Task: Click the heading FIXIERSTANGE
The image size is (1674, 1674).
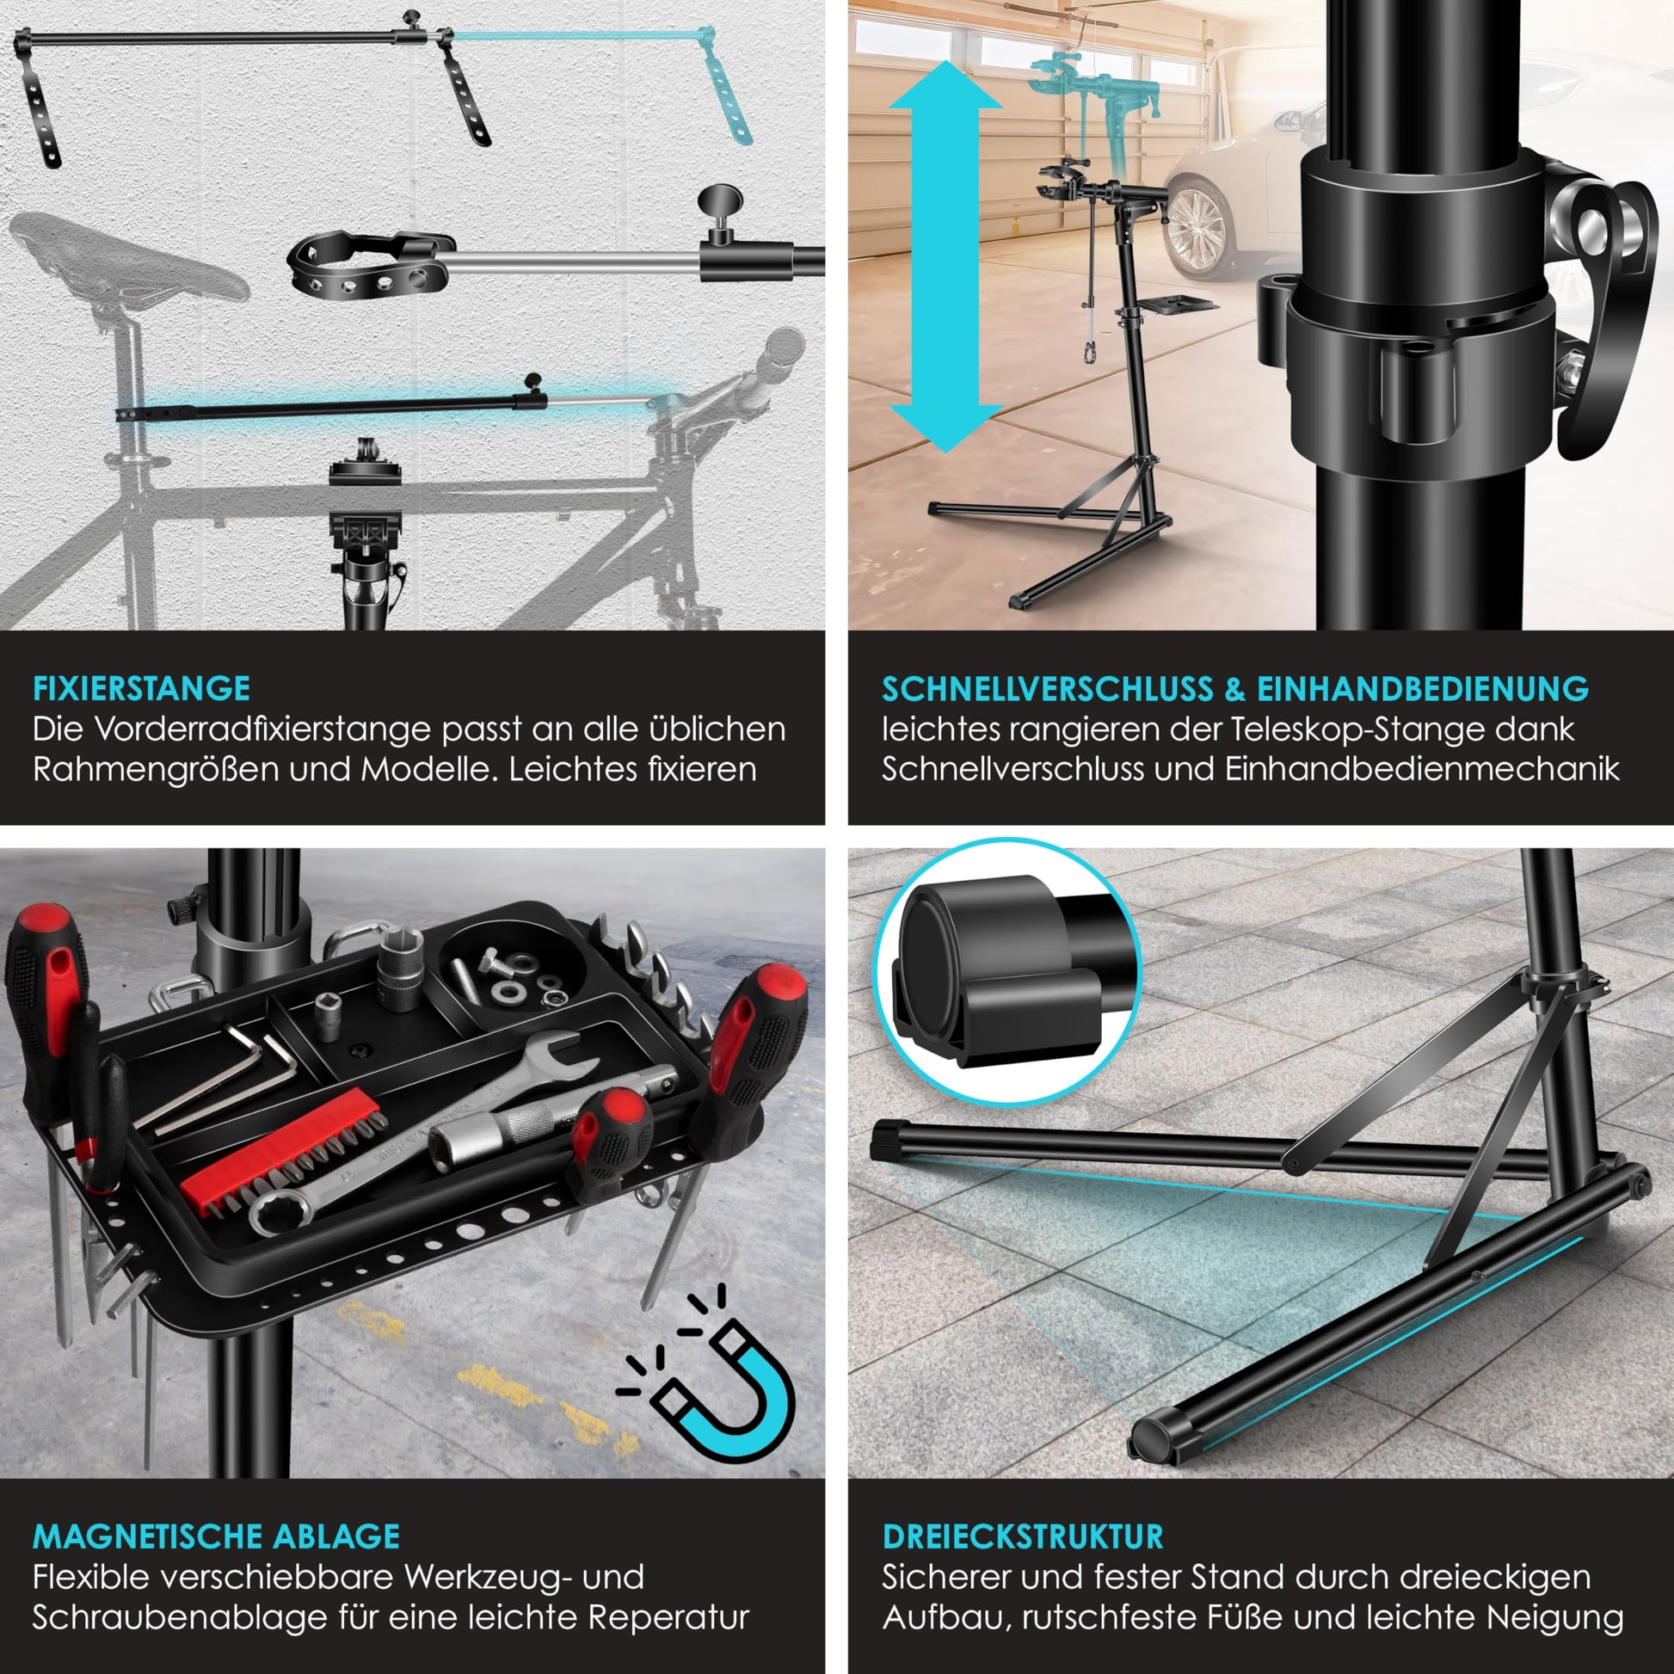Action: click(x=141, y=688)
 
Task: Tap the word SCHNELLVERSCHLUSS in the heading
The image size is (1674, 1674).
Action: click(x=1048, y=688)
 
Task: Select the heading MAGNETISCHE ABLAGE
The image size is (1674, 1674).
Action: click(x=217, y=1536)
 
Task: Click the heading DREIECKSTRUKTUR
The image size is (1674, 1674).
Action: click(x=1023, y=1536)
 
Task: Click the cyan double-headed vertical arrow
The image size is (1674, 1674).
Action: click(x=945, y=256)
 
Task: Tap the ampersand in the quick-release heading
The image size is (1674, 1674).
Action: click(x=1234, y=688)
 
